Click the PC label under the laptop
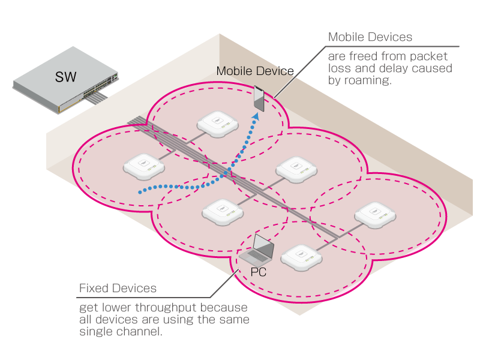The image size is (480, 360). pos(259,272)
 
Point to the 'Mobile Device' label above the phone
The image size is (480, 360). pos(255,71)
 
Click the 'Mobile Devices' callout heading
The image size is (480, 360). pos(370,37)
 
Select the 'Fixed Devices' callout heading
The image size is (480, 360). pos(118,289)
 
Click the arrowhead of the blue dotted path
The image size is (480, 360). pos(257,115)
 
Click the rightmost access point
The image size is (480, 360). pos(374,216)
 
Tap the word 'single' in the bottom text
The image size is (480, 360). pos(95,331)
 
